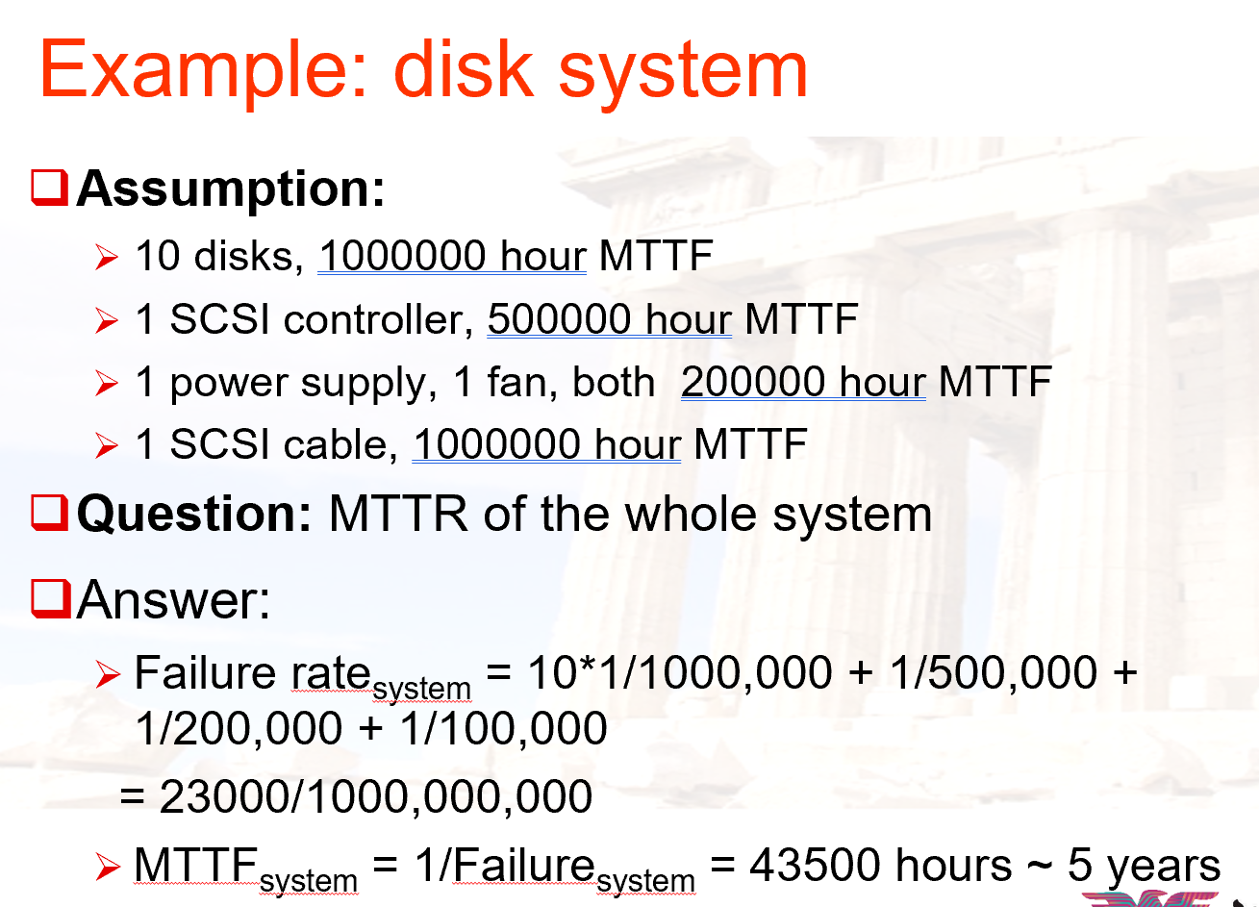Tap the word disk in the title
click(464, 69)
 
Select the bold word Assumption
click(231, 189)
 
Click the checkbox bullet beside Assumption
click(49, 188)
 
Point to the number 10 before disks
click(158, 256)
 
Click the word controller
click(378, 319)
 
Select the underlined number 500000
click(559, 319)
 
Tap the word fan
click(517, 382)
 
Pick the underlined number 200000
click(752, 382)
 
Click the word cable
click(340, 444)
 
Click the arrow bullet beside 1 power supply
click(107, 383)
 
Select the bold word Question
click(194, 514)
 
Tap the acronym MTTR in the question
click(398, 514)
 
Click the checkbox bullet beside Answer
click(51, 599)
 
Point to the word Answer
click(173, 600)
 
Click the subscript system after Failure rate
click(421, 689)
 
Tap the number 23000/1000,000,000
click(376, 796)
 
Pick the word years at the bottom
click(1164, 869)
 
